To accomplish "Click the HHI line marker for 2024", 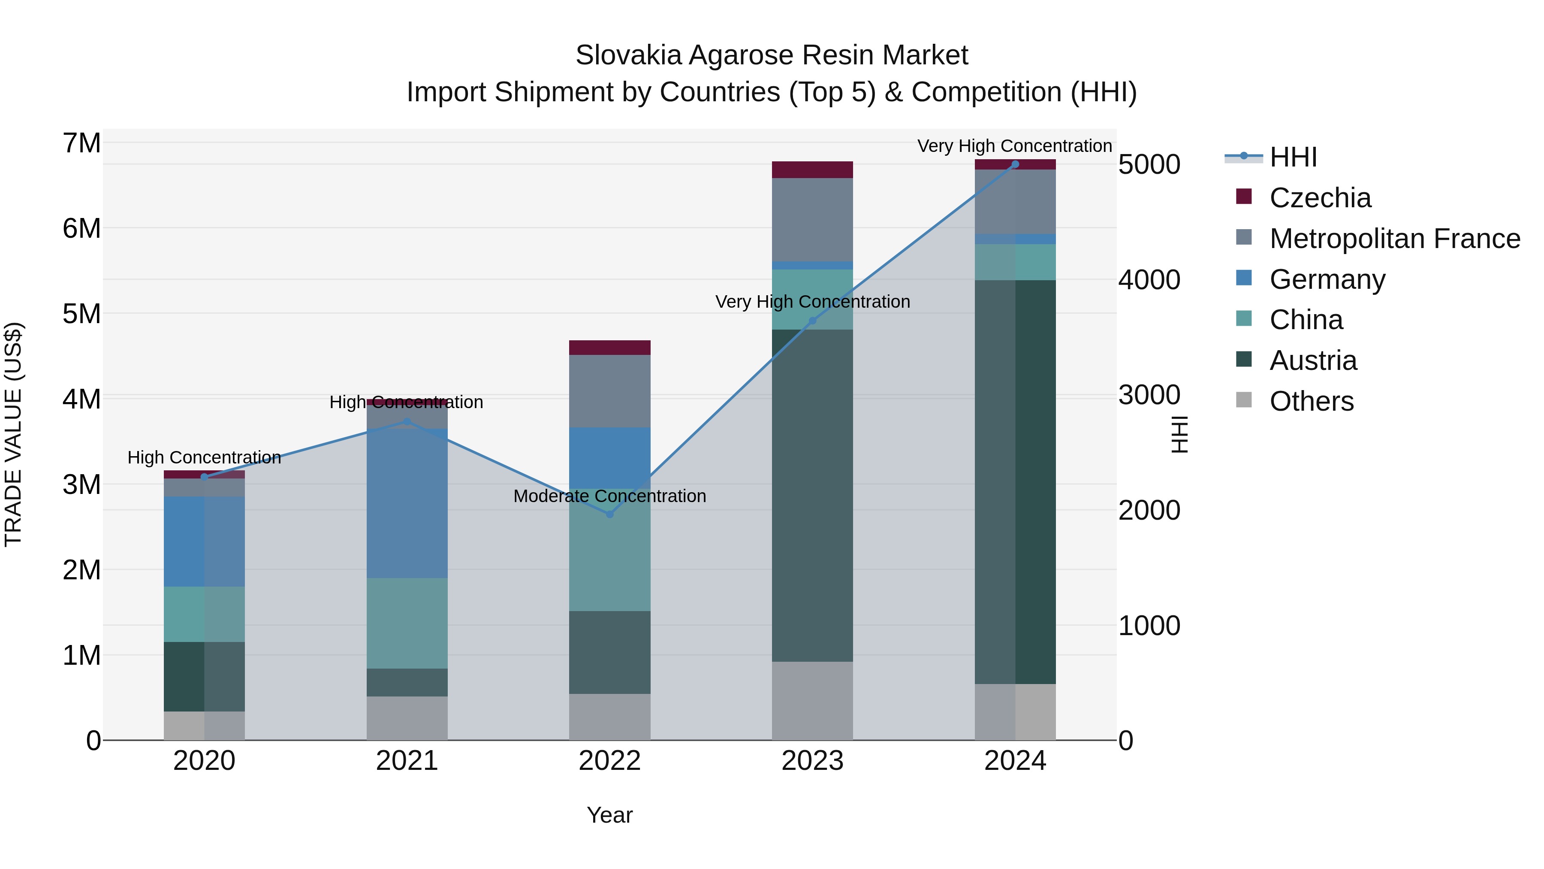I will point(1015,164).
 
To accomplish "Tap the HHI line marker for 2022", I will point(609,514).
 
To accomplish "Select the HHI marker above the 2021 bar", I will point(407,421).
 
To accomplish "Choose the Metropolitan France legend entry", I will point(1394,239).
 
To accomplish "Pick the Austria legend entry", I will point(1313,360).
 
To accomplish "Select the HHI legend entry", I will point(1293,157).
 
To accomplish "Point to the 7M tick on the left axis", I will point(82,143).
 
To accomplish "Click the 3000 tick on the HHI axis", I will point(1149,395).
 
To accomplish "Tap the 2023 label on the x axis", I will point(812,761).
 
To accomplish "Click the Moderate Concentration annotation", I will point(609,496).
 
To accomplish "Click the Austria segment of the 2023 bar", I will point(812,498).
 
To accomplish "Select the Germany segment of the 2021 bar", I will point(407,504).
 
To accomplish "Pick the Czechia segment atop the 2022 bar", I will point(609,348).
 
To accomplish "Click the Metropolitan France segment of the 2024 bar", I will point(1015,202).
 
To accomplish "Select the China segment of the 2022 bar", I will point(609,551).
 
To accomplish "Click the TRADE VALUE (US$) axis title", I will point(13,434).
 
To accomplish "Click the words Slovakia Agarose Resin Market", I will point(772,55).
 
